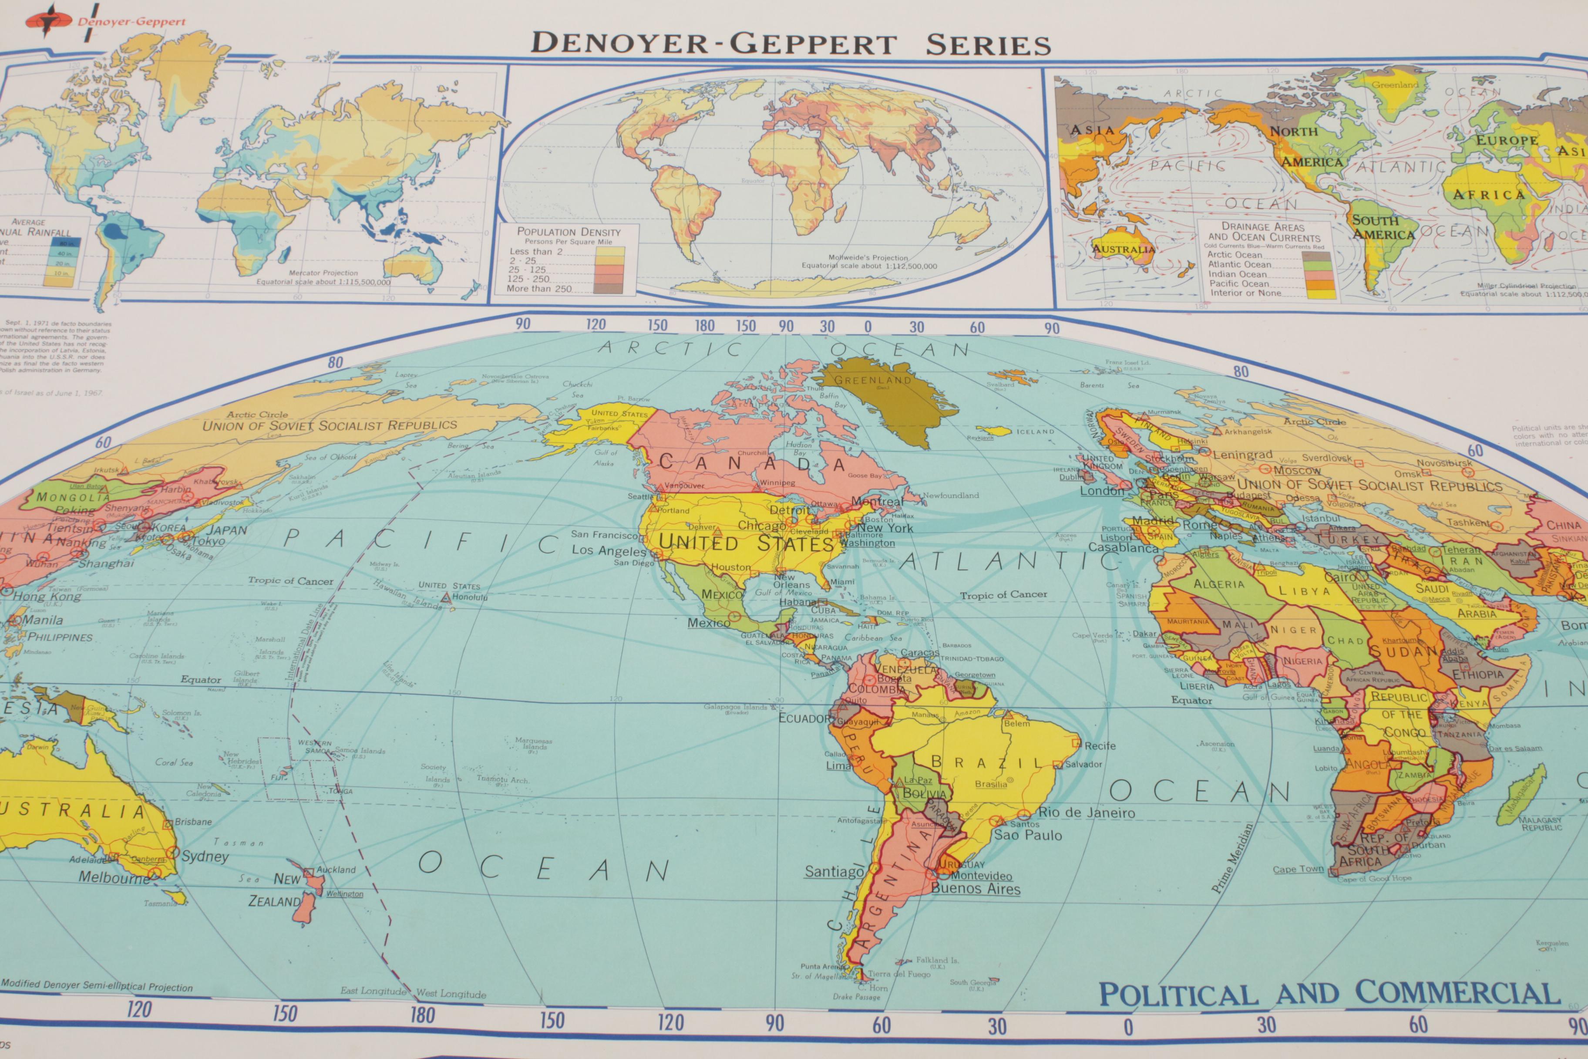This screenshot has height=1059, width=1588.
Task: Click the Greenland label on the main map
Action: (x=872, y=380)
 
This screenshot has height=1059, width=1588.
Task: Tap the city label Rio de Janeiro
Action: (x=1087, y=813)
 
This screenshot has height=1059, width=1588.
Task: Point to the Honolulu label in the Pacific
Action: (x=470, y=597)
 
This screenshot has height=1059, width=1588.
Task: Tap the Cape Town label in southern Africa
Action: (x=1298, y=869)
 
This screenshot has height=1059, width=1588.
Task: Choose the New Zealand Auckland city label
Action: (x=336, y=870)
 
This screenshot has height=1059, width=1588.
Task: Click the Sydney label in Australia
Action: (x=205, y=857)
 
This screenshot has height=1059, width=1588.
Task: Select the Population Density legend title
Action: (x=569, y=232)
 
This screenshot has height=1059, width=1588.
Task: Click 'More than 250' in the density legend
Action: (x=539, y=288)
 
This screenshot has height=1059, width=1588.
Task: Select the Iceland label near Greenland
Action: (x=1035, y=432)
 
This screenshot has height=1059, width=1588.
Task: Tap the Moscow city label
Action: (x=1297, y=470)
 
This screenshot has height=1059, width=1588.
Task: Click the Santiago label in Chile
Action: (x=834, y=872)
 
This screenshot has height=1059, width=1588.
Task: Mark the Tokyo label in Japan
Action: (x=208, y=541)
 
